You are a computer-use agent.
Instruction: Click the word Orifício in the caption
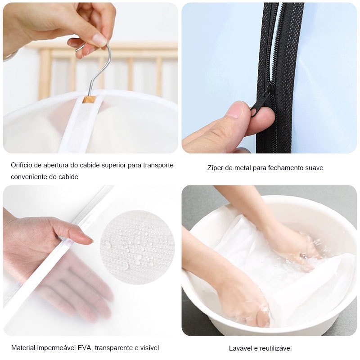(23, 165)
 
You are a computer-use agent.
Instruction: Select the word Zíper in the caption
(216, 168)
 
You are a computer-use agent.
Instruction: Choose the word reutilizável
(275, 348)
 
